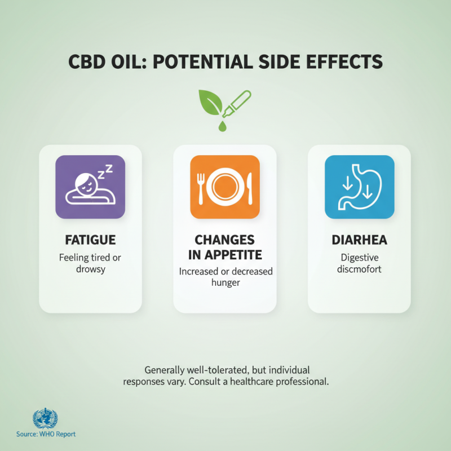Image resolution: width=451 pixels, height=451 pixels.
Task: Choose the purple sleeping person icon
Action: coord(90,187)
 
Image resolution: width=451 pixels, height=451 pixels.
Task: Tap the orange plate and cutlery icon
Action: coord(225,187)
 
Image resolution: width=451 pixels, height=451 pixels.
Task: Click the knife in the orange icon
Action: coord(250,187)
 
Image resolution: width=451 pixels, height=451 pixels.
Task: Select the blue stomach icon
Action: coord(359,187)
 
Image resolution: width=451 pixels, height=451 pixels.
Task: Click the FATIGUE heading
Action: coord(90,240)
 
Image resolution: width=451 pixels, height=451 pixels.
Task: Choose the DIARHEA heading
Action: coord(359,240)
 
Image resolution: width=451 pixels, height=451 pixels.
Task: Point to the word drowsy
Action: coord(90,269)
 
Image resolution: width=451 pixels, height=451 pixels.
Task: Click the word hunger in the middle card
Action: coord(225,282)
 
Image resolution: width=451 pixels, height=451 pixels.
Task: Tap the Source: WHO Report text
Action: coord(46,434)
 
